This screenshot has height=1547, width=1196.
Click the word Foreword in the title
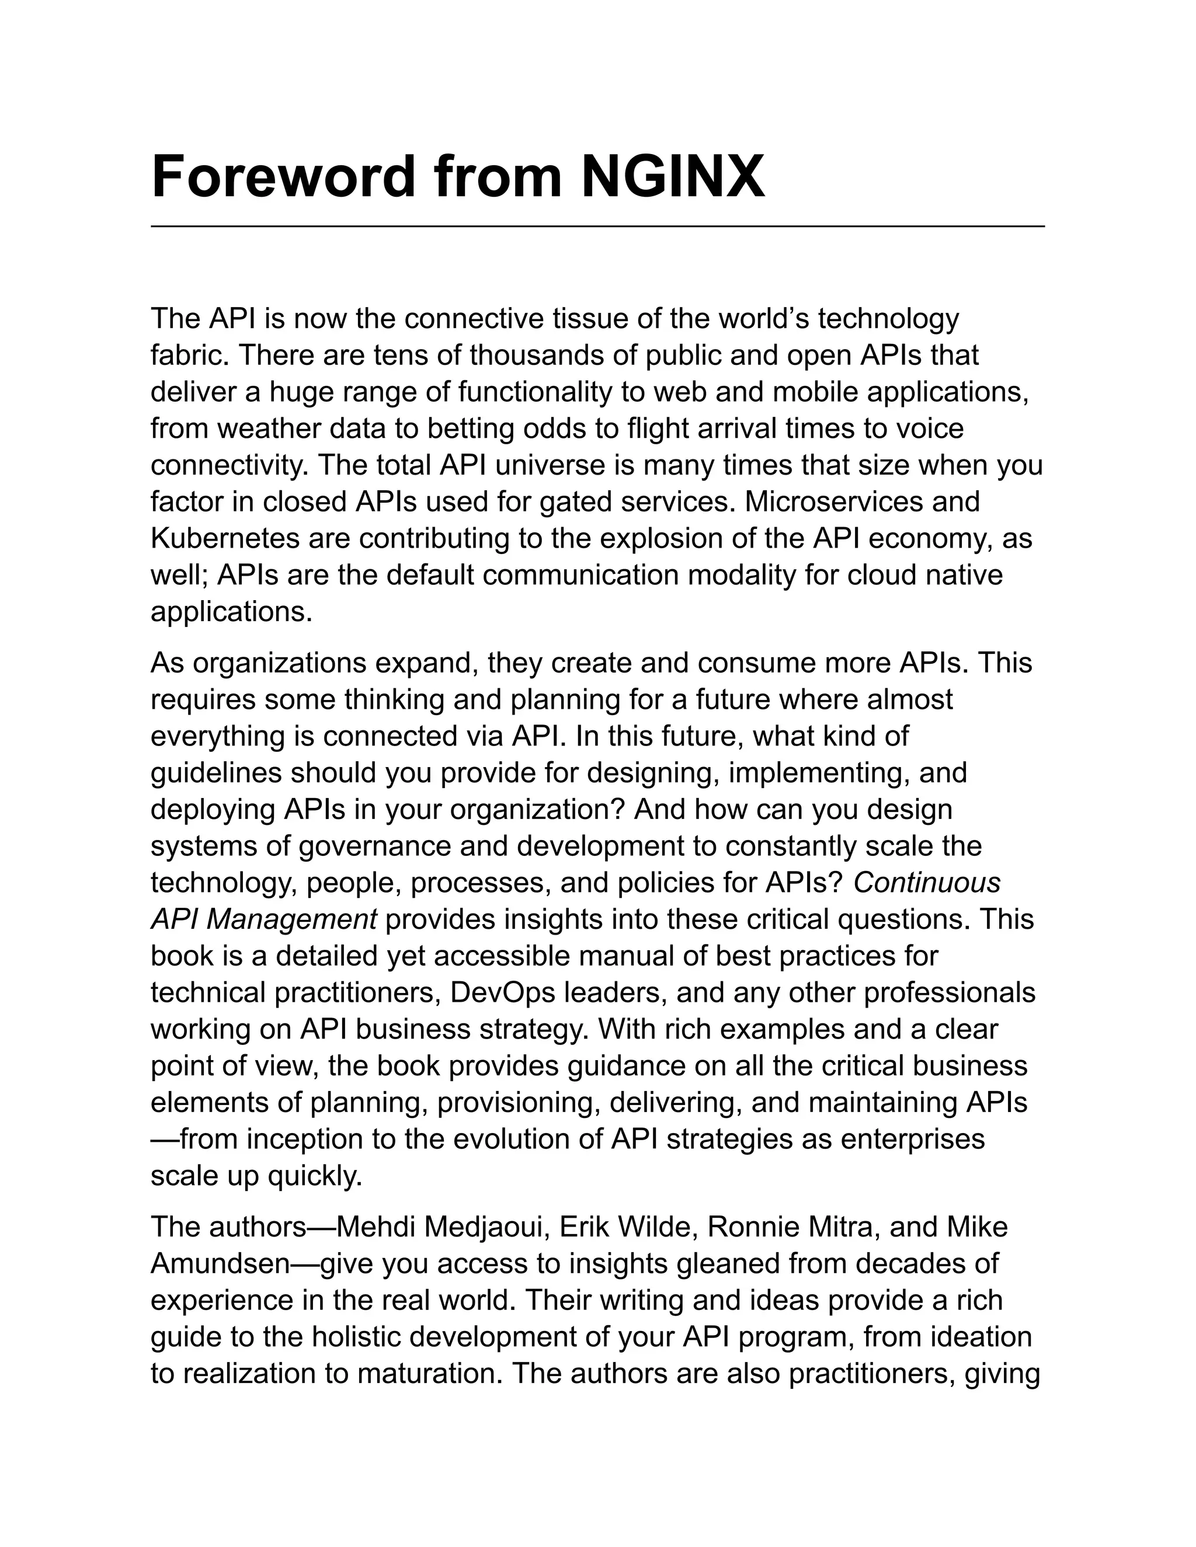(283, 176)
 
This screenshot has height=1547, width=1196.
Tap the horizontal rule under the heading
(597, 226)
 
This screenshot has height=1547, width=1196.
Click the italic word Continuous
(926, 883)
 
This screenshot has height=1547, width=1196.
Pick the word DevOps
(502, 992)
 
